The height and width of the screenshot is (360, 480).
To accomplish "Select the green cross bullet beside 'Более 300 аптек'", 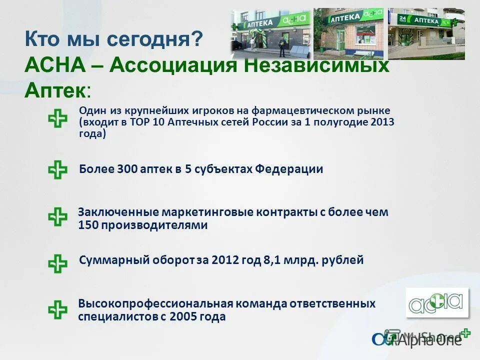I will [x=57, y=170].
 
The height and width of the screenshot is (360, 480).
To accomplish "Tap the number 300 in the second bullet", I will [x=128, y=169].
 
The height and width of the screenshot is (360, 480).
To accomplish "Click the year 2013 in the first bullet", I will [x=382, y=122].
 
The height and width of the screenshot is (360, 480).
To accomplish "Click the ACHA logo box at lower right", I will [x=436, y=302].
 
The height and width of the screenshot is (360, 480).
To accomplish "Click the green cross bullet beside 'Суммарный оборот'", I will [x=57, y=263].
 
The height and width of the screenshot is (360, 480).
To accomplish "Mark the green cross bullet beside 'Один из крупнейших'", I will [x=57, y=119].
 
